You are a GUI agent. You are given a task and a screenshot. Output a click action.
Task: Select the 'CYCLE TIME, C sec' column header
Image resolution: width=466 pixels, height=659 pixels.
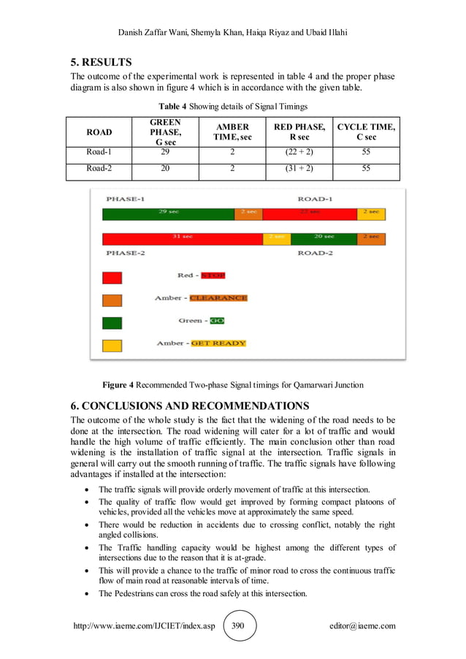pyautogui.click(x=366, y=132)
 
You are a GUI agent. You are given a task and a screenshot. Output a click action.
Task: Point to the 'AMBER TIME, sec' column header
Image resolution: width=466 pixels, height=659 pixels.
pyautogui.click(x=232, y=132)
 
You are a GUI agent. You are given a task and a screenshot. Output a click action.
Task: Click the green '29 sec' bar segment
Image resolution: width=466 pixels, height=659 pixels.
pyautogui.click(x=168, y=214)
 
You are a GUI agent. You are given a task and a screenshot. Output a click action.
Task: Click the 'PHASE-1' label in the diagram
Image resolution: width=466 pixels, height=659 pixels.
pyautogui.click(x=126, y=199)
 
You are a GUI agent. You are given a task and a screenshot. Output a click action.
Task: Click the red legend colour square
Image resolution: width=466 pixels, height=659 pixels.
pyautogui.click(x=112, y=278)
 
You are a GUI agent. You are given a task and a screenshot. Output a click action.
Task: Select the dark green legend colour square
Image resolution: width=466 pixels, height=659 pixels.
pyautogui.click(x=112, y=322)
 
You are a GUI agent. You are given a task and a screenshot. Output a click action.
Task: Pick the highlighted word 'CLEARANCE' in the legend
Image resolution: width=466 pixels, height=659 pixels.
pyautogui.click(x=218, y=298)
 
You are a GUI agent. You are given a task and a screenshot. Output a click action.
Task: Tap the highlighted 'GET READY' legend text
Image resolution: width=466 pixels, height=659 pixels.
pyautogui.click(x=218, y=343)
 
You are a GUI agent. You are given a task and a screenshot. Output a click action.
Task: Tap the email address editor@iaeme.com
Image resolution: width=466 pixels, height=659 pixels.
pyautogui.click(x=362, y=626)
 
